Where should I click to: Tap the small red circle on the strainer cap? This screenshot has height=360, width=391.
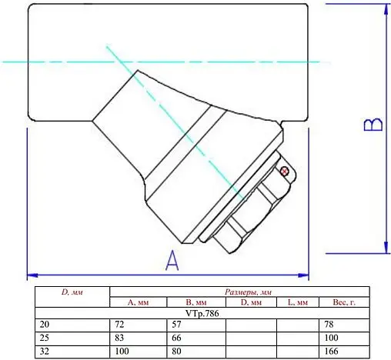coord(284,170)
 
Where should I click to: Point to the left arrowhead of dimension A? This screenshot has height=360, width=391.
coord(32,273)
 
